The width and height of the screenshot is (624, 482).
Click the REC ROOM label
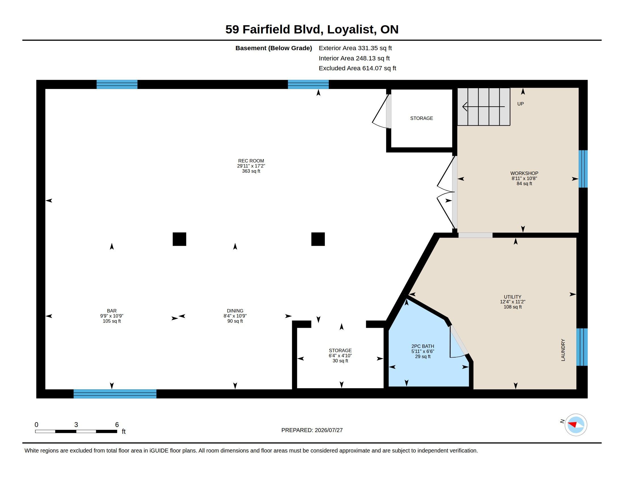point(251,161)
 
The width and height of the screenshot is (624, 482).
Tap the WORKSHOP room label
point(524,173)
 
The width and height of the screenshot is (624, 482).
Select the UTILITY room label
point(513,297)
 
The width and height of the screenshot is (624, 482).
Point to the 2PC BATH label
point(423,346)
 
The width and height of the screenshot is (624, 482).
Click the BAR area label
point(112,311)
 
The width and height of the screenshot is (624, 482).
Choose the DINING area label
point(235,311)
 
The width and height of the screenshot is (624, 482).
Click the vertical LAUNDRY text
point(563,350)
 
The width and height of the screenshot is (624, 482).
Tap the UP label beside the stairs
point(520,104)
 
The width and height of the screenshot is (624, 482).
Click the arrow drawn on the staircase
point(483,107)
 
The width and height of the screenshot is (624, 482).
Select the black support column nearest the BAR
point(180,239)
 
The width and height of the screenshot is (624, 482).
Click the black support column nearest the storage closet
point(318,239)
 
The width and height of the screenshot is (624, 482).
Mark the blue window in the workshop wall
point(583,169)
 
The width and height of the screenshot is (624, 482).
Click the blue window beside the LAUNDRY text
point(582,347)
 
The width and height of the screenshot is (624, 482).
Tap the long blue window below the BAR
point(115,394)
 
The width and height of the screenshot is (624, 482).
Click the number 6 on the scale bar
point(117,425)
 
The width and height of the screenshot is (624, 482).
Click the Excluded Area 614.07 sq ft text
point(357,68)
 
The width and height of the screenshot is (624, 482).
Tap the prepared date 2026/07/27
point(328,430)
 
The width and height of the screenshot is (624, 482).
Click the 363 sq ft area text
point(251,171)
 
